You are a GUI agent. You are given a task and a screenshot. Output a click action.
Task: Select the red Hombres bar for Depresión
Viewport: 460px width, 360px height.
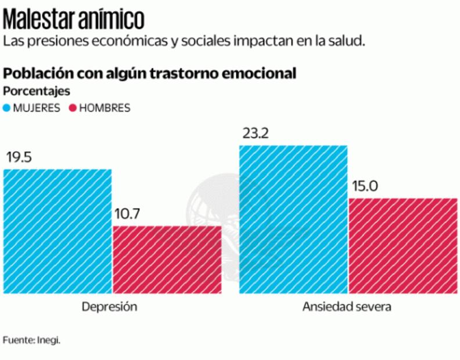click(x=167, y=259)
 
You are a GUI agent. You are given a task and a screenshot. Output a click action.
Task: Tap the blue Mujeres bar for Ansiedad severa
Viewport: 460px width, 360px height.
click(x=293, y=219)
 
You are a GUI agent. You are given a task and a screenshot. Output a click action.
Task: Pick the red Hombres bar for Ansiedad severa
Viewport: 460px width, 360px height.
click(x=402, y=245)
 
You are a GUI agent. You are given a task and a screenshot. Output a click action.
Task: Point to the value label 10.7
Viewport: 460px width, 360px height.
click(x=127, y=214)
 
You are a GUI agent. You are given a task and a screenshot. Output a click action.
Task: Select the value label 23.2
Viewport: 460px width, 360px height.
click(x=256, y=134)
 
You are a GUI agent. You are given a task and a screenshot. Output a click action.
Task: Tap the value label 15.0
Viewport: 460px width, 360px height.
click(x=364, y=186)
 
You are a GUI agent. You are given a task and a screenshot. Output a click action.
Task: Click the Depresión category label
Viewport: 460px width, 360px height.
click(x=110, y=307)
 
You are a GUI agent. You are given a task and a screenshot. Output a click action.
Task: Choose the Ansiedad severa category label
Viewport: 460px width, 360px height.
click(x=347, y=307)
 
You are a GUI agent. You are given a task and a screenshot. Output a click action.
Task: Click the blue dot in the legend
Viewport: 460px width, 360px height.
click(x=7, y=108)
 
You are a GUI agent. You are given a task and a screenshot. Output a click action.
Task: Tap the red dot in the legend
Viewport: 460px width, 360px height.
click(x=73, y=108)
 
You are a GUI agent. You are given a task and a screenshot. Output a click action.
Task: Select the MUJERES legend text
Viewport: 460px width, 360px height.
click(x=36, y=108)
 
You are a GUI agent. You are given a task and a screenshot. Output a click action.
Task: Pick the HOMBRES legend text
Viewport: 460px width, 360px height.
click(x=105, y=108)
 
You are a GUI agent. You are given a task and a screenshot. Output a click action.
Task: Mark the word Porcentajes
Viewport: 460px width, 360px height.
click(x=37, y=91)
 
